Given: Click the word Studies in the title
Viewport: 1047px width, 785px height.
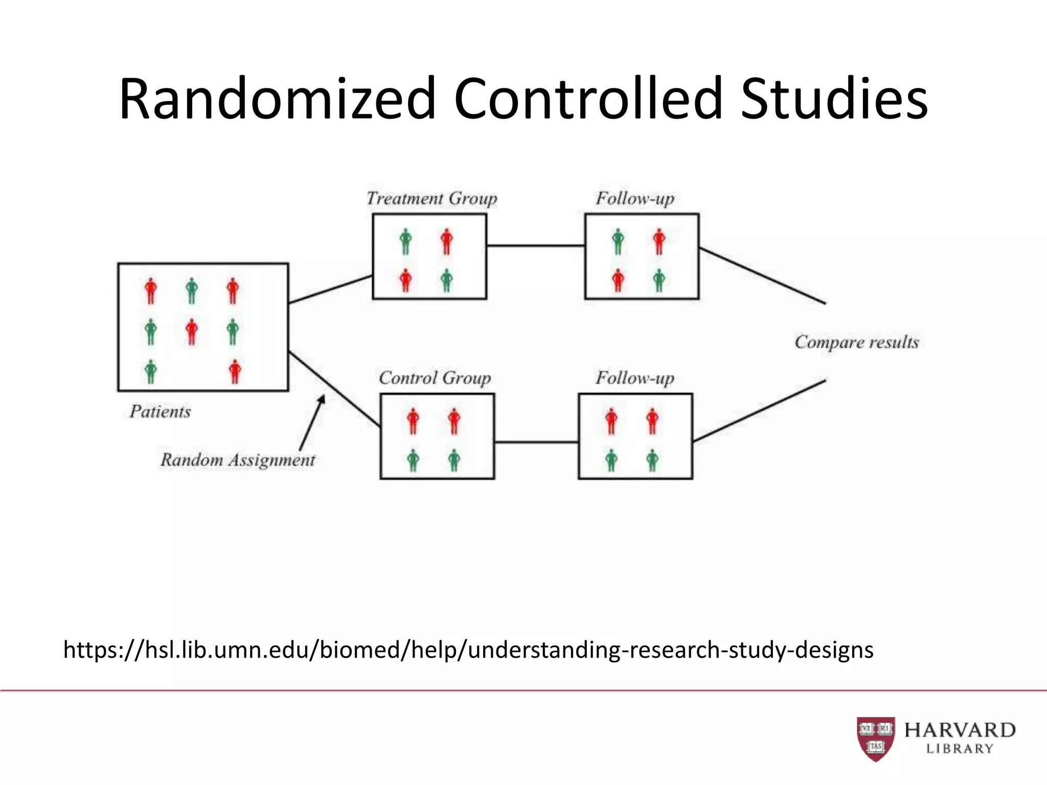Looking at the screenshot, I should coord(834,99).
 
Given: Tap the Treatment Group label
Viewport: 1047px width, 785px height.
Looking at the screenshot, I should coord(431,198).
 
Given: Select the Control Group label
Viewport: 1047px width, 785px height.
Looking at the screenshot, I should coord(435,378).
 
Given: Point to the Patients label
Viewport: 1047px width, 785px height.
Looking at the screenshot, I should coord(160,411).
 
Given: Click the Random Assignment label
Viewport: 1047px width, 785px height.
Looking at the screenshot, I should coord(238,460).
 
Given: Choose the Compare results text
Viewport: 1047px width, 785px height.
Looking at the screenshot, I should coord(856,342).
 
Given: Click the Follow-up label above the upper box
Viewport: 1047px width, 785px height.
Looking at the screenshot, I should coord(634,198).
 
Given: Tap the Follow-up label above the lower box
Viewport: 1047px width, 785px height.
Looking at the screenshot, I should coord(634,378).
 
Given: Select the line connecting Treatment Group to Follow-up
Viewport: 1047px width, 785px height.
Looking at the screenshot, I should coord(535,246).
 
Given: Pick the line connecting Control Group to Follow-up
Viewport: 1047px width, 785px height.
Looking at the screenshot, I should coord(536,442).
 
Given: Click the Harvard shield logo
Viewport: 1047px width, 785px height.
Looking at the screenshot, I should coord(876,738).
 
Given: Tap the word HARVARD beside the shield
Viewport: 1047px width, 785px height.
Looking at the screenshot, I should coord(960,730).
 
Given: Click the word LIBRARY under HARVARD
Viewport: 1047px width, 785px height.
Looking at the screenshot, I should coord(960,749).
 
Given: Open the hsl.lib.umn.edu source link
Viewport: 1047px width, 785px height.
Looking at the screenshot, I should coord(468,650).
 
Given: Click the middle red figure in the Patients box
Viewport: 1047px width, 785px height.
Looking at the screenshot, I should coord(192,332).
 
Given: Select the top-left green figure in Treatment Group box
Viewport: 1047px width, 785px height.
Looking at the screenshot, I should coord(405,241).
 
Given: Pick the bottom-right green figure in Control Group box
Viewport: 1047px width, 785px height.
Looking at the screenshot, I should coord(454,460).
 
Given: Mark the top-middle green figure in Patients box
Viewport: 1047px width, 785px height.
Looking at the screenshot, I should coord(192,291).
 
